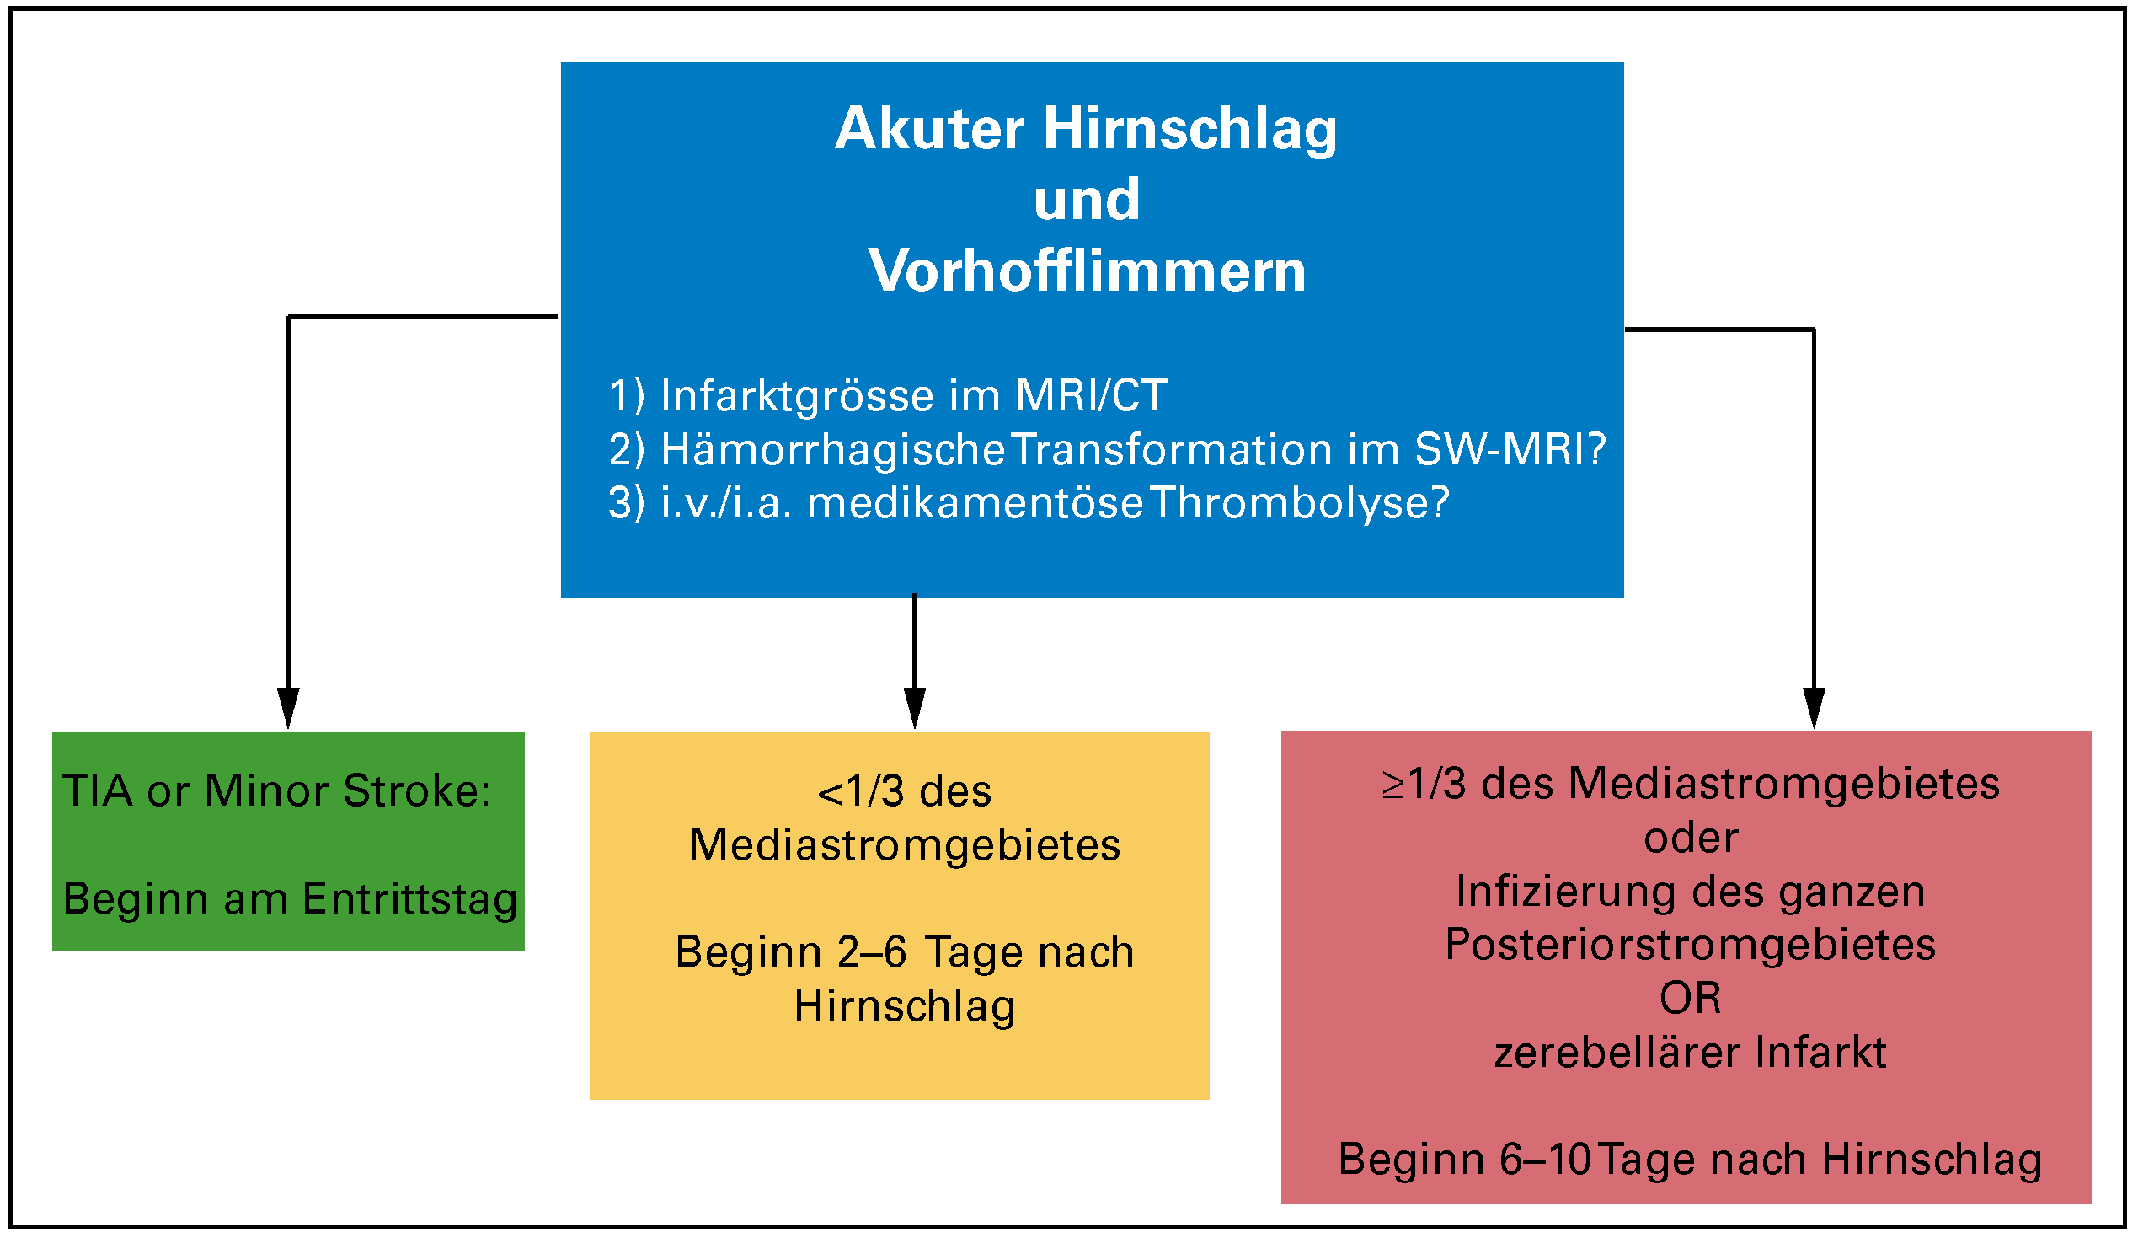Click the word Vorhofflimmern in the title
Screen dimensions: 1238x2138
tap(1087, 271)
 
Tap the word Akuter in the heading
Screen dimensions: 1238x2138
tap(930, 129)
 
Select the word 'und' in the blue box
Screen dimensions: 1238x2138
tap(1087, 201)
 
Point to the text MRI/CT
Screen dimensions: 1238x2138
tap(1091, 395)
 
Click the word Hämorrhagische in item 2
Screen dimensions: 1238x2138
tap(832, 449)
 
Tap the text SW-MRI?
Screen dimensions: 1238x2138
tap(1510, 449)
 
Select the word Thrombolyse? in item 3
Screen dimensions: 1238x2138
tap(1300, 502)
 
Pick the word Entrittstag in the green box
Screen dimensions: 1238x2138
tap(409, 898)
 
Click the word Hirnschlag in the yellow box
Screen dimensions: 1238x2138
tap(905, 1005)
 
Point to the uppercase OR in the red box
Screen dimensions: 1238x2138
tap(1690, 999)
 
